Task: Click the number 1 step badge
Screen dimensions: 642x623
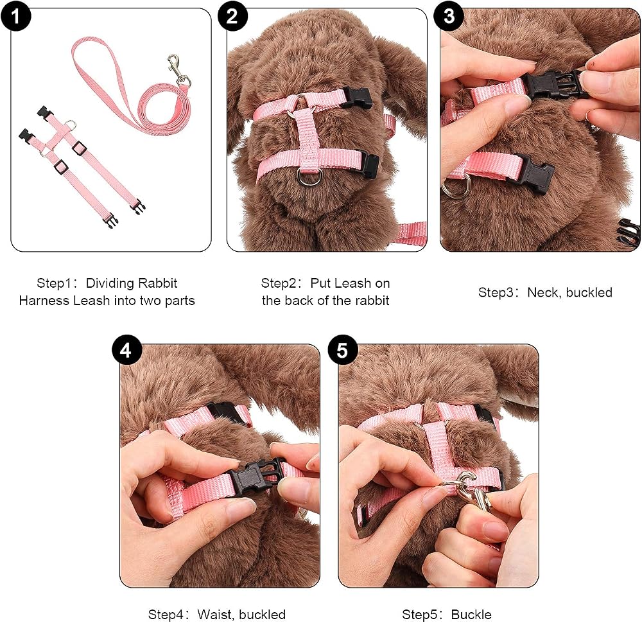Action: [x=15, y=16]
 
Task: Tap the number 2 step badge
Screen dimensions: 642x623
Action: [x=232, y=16]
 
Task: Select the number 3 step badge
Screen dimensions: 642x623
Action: [x=449, y=16]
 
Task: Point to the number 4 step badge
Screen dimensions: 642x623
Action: [x=126, y=350]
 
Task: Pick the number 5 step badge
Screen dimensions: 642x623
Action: [x=343, y=350]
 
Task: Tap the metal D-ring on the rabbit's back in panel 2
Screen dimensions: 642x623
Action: [x=308, y=177]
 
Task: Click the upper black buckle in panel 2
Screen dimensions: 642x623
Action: [x=356, y=98]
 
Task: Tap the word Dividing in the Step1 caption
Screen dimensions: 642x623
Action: [x=110, y=283]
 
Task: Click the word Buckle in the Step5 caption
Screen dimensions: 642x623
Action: [x=471, y=615]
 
